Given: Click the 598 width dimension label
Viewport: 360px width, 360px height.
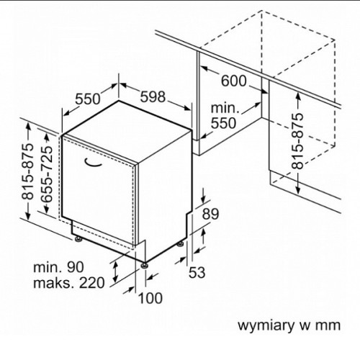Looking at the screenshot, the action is click(153, 97).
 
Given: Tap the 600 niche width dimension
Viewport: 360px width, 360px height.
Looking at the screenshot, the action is click(233, 81).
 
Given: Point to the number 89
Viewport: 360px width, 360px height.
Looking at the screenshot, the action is click(210, 214).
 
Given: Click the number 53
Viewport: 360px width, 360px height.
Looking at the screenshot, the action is click(197, 273).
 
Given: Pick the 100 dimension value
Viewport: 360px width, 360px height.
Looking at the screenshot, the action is click(150, 298).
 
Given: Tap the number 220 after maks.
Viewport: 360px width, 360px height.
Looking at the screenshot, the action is click(92, 282).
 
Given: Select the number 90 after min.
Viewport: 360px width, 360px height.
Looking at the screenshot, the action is click(75, 267).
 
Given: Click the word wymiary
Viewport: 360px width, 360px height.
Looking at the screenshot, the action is click(266, 326).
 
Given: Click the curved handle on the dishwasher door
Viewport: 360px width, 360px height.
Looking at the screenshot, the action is click(93, 163).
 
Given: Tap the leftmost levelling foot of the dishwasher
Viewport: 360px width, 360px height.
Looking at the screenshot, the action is click(78, 240).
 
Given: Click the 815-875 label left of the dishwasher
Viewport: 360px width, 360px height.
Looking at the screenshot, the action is click(27, 171).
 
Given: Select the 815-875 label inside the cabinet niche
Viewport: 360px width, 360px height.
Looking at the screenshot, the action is click(297, 141).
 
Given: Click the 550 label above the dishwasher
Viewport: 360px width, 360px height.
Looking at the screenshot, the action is click(88, 99).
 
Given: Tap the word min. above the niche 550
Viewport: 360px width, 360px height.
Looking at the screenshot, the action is click(225, 108).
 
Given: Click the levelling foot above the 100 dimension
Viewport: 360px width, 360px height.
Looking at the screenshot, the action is click(144, 266).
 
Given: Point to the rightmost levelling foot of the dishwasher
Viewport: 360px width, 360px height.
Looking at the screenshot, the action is click(180, 244).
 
